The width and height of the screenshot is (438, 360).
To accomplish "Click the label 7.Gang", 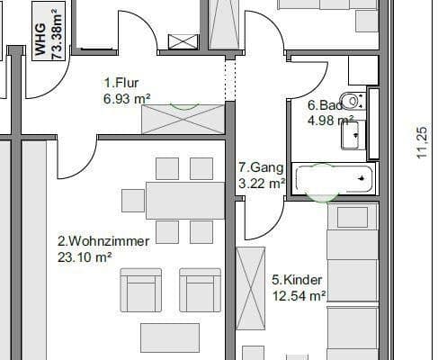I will click(261, 167).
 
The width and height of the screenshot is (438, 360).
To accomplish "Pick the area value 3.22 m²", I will click(261, 183).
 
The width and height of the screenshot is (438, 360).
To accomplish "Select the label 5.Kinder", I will click(297, 279).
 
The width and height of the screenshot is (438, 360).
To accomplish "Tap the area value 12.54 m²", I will click(298, 294).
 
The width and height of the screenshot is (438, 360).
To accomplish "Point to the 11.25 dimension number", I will click(422, 144).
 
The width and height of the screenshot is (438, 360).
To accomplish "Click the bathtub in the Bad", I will click(335, 176).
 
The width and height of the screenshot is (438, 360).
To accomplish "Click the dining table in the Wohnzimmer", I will click(172, 200).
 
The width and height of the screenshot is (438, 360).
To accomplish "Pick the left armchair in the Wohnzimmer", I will click(140, 290).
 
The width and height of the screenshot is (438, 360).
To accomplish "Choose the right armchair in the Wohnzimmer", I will click(200, 290).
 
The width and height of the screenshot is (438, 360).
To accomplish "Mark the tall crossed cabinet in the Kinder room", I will click(248, 287).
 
